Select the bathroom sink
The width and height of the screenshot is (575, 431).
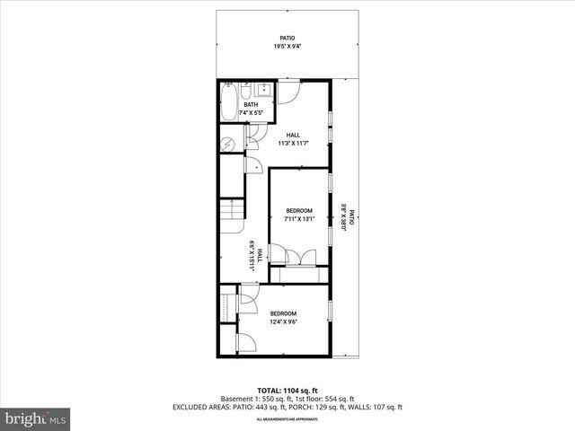(264, 90)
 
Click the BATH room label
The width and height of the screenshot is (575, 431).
(251, 105)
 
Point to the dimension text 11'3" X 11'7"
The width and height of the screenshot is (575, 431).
(293, 143)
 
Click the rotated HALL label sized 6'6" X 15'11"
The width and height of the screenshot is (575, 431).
(257, 254)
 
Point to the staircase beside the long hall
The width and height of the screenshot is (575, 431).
(232, 218)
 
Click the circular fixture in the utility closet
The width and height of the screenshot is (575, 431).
(228, 143)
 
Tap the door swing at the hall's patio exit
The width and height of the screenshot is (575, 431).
(289, 93)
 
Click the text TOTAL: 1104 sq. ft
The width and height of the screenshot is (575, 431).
(287, 391)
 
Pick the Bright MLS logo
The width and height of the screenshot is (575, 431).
(36, 418)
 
